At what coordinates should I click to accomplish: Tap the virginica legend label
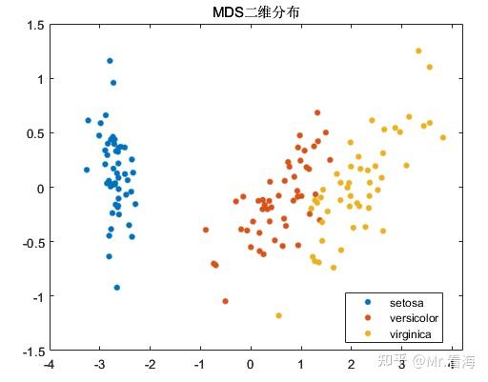coord(411,333)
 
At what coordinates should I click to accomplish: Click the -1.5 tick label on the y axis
coord(31,352)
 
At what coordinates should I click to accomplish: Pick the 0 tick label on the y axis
coord(39,188)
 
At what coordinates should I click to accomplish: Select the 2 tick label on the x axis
coord(351,364)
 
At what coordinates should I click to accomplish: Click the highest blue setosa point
coord(110,61)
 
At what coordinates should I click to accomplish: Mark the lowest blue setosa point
coord(117,287)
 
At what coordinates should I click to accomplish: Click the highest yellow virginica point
coord(418,50)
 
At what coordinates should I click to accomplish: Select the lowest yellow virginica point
coord(279,315)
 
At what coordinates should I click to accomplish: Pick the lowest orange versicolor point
coord(226,301)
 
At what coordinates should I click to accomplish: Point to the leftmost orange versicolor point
coord(206,230)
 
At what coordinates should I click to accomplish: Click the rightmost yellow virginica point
coord(443,137)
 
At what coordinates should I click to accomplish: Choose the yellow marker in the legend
coord(368,333)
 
